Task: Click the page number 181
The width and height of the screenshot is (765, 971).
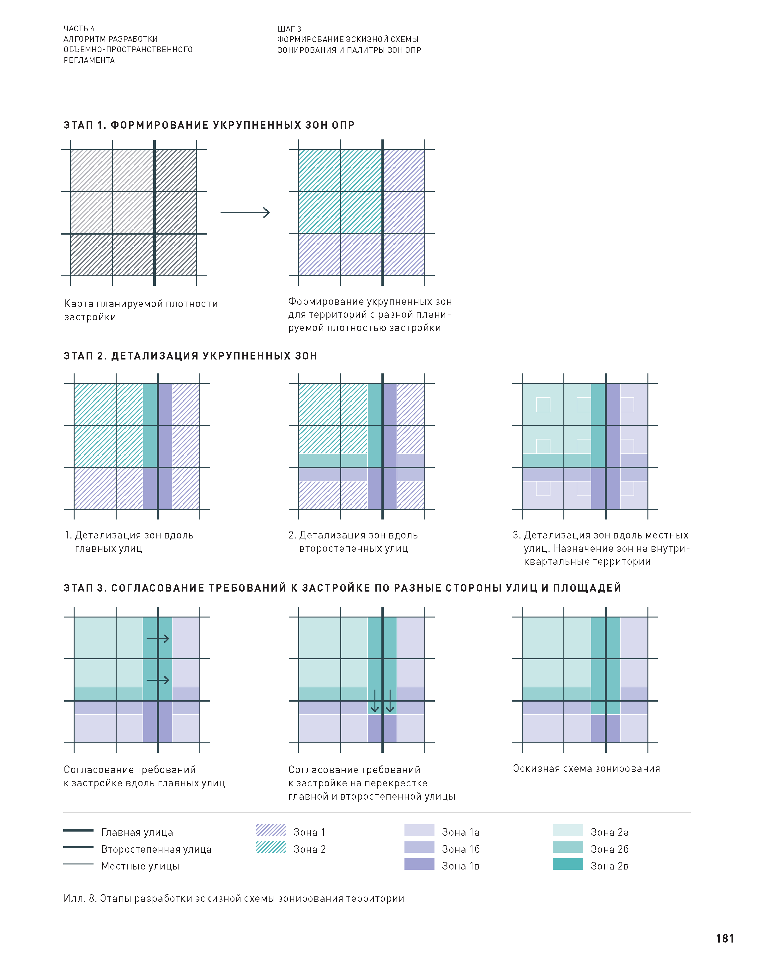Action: pos(725,938)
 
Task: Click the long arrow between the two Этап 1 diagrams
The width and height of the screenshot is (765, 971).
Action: pos(245,212)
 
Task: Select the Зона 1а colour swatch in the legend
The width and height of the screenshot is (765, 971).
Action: pos(419,830)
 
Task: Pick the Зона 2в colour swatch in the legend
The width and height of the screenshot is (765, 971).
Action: pos(568,864)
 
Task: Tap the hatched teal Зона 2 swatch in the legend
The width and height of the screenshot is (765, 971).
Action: pos(270,847)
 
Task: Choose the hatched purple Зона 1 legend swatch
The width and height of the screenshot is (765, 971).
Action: pos(270,830)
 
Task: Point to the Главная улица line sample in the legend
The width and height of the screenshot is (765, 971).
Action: pos(78,830)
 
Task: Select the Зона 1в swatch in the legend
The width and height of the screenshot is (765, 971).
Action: pos(419,864)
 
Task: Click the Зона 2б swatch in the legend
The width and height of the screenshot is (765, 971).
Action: pos(568,847)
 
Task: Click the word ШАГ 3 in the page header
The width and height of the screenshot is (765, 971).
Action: pos(289,29)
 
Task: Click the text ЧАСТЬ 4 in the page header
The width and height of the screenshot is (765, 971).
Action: pos(79,29)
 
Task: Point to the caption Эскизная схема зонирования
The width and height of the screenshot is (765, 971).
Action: pos(586,768)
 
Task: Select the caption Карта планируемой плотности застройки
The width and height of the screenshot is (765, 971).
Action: pos(141,310)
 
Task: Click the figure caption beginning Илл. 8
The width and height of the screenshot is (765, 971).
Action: pos(234,898)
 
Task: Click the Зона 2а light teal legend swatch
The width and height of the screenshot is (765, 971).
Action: pos(568,830)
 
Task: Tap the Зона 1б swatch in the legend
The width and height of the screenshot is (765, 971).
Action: pos(419,847)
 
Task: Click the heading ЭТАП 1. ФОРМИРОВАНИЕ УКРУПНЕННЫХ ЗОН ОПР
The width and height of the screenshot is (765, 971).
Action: pos(209,125)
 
